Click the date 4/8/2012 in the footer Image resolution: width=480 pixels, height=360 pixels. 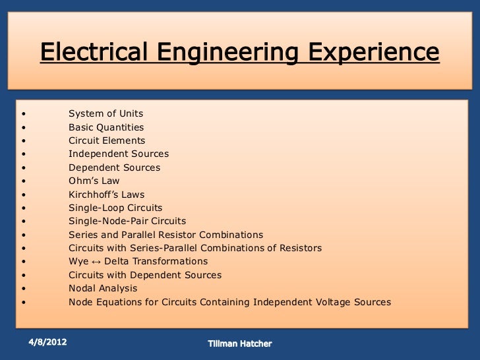[x=47, y=342]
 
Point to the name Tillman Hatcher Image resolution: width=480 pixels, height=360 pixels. [x=239, y=344]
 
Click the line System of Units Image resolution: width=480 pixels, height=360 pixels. [x=105, y=113]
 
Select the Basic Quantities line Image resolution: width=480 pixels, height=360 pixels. [x=106, y=127]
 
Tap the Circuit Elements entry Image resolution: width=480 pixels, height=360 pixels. [x=107, y=140]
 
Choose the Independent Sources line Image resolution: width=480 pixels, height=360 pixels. [x=119, y=154]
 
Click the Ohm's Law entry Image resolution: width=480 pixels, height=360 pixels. [x=94, y=181]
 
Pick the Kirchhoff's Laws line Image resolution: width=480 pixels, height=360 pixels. [x=106, y=195]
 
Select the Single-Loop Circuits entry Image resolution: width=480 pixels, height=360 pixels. [x=115, y=208]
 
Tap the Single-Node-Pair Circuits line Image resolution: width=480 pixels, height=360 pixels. [x=127, y=221]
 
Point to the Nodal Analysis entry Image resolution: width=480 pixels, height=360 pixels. [x=103, y=288]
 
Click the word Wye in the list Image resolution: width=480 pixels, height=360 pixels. [x=78, y=262]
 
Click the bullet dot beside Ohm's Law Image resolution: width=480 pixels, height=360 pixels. [x=24, y=181]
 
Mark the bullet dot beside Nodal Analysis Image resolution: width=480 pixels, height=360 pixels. [x=24, y=289]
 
